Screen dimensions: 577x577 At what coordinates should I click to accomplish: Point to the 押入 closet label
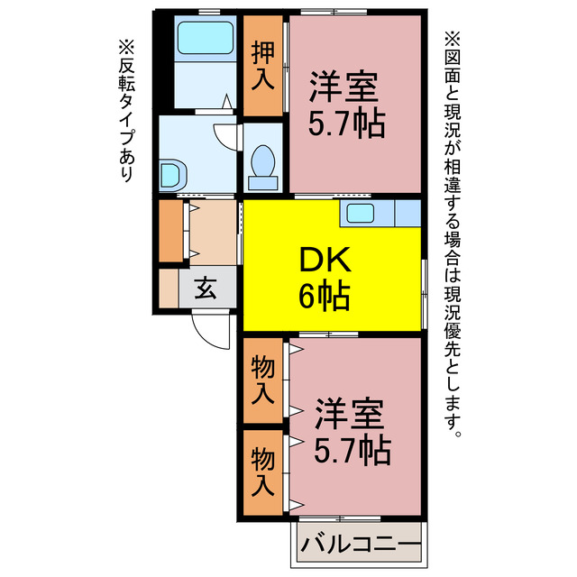[x=262, y=67]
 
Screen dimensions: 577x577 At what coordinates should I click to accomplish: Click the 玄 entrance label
[x=206, y=288]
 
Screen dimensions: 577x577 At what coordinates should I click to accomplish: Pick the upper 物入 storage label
[x=262, y=380]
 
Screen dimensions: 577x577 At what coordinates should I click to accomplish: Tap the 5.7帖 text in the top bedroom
[x=347, y=124]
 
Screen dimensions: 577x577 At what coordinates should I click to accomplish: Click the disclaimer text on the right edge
[x=452, y=234]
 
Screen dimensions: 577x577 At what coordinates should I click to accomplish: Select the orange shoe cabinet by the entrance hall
[x=170, y=231]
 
